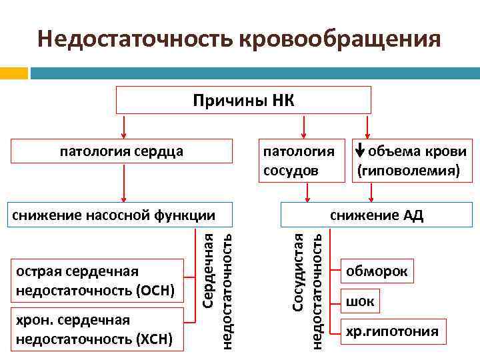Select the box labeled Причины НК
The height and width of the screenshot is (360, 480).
click(x=243, y=100)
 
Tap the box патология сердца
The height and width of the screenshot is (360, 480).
click(x=122, y=151)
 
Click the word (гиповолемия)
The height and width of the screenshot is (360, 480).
click(x=409, y=171)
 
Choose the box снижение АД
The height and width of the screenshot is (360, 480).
click(x=377, y=215)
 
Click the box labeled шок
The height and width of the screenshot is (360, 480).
click(x=360, y=302)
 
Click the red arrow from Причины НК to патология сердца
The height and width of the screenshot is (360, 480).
click(x=123, y=125)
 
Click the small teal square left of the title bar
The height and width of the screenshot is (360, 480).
click(x=14, y=72)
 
